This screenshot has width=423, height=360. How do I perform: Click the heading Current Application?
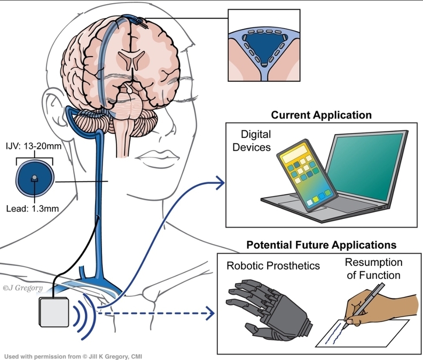321,115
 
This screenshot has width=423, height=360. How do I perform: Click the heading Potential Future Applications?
321,246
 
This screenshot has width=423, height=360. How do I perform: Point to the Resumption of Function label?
372,269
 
